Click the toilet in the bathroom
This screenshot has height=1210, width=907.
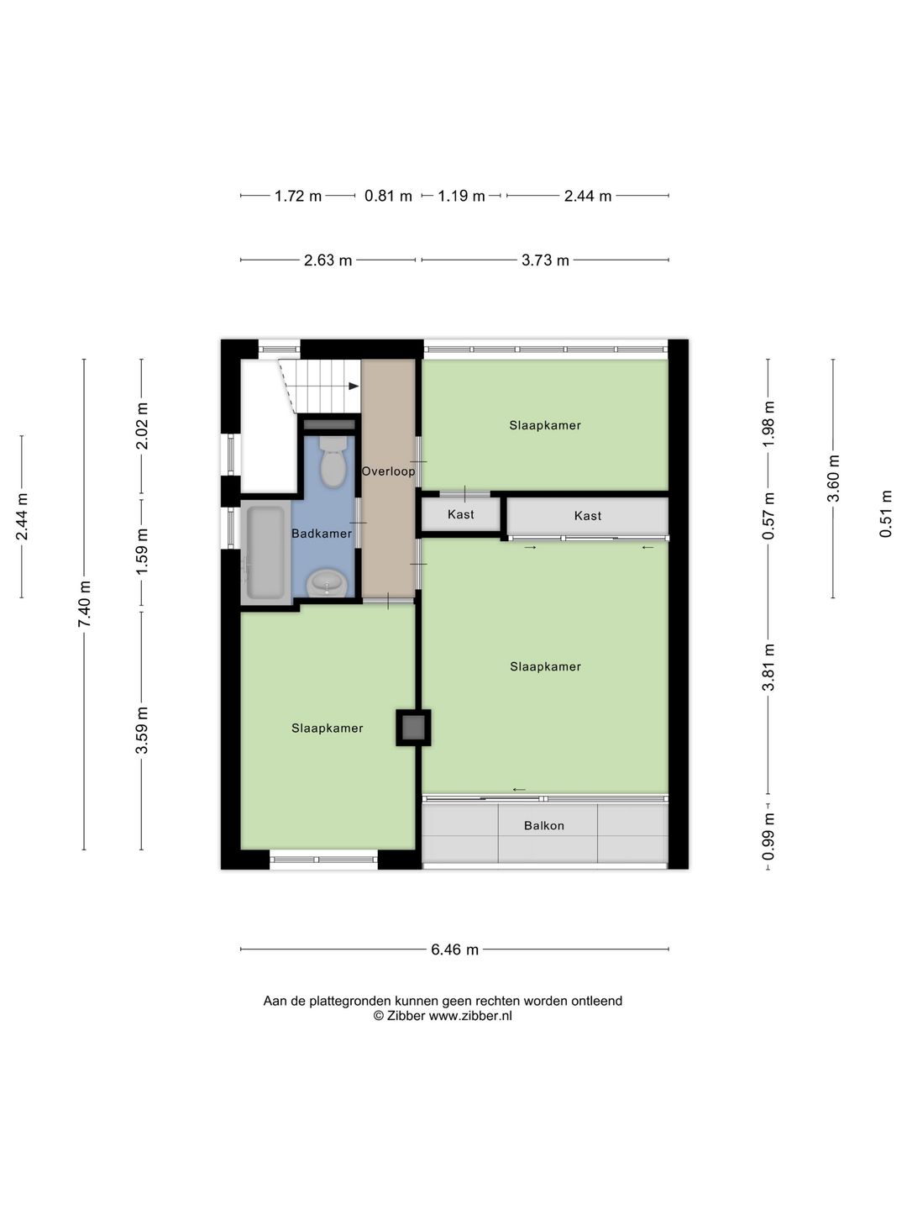pyautogui.click(x=332, y=460)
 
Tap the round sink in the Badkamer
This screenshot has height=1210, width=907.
pyautogui.click(x=327, y=582)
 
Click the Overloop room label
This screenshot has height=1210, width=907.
pyautogui.click(x=388, y=471)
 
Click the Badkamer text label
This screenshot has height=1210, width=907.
pyautogui.click(x=322, y=534)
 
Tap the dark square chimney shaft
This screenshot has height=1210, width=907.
pyautogui.click(x=413, y=728)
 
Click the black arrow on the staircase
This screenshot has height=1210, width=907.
pyautogui.click(x=354, y=386)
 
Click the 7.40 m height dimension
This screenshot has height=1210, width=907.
pyautogui.click(x=84, y=603)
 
